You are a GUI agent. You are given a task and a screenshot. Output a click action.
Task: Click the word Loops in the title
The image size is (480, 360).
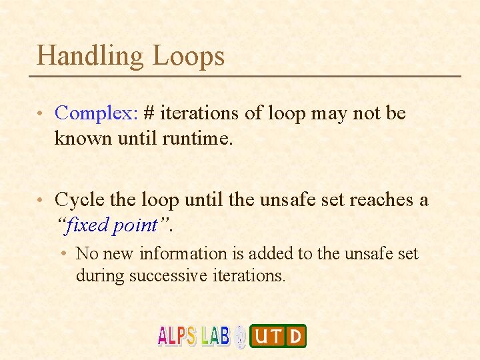tap(189, 55)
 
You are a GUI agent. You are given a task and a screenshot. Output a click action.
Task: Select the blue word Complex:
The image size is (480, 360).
tap(96, 113)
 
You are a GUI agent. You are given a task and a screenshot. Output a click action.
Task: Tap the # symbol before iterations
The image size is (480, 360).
tap(149, 113)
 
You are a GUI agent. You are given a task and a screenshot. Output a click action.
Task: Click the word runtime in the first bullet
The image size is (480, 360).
tap(197, 139)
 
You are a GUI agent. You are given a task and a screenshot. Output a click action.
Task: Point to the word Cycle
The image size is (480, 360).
tap(77, 199)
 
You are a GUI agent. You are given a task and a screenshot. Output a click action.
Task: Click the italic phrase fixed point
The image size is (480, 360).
tap(113, 225)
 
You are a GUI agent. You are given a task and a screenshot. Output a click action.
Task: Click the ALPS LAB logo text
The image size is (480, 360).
tap(193, 335)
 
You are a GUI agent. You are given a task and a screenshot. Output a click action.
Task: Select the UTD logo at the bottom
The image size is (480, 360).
tap(278, 335)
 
